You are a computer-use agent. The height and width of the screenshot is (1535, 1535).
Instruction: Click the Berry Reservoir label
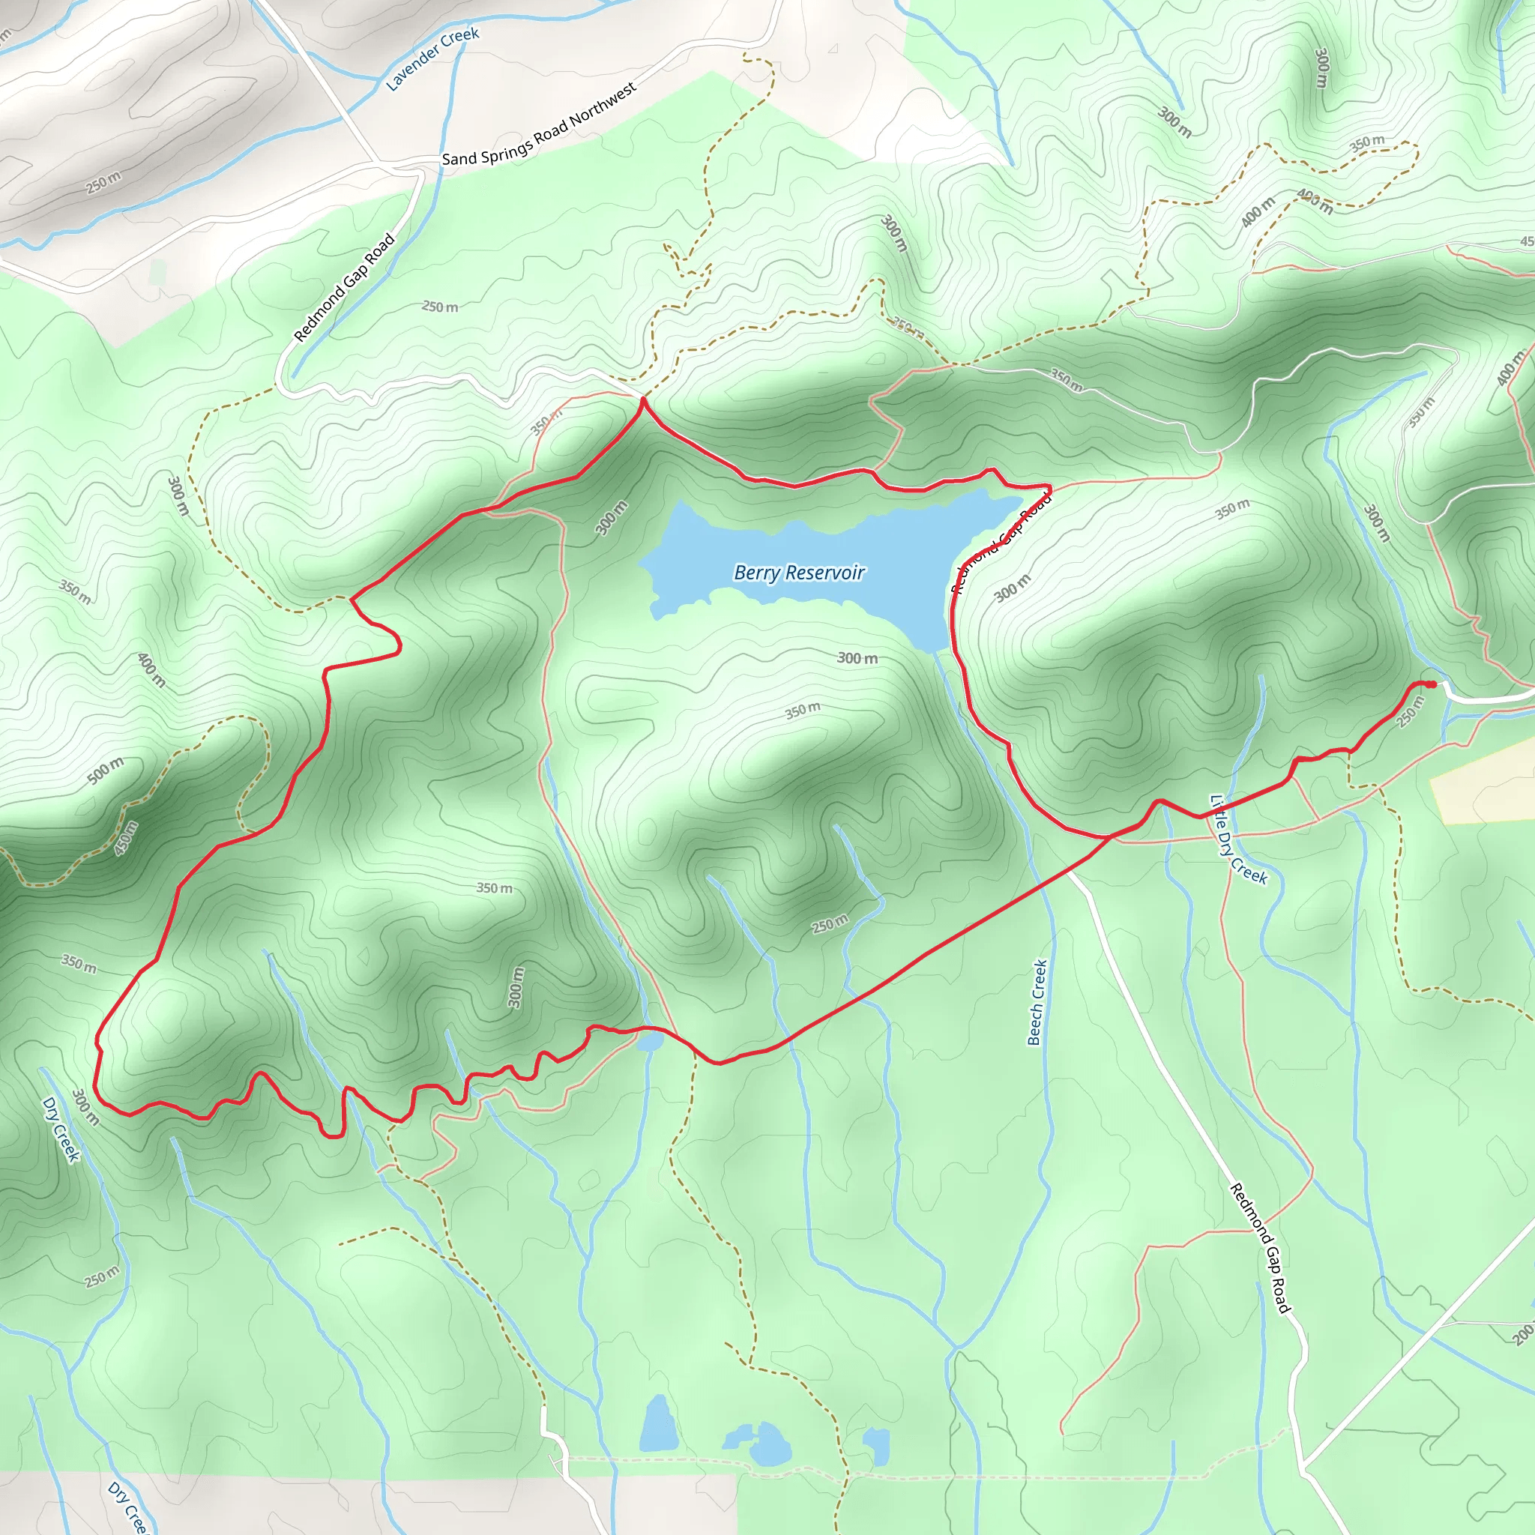798,573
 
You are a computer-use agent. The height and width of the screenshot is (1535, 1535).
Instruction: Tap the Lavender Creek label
432,58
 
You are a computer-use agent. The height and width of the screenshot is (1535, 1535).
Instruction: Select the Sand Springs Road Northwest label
539,124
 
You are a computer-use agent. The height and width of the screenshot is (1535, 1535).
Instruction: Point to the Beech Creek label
1037,1002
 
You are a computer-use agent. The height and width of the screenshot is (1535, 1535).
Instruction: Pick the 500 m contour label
106,770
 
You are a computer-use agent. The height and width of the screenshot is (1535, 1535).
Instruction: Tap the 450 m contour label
127,838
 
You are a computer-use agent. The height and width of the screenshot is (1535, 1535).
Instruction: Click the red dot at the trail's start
1431,684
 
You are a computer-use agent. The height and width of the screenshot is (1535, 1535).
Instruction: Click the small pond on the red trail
648,1041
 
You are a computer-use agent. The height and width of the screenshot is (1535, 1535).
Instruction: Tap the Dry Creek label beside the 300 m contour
61,1129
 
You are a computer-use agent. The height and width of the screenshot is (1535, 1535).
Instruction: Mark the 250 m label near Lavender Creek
103,183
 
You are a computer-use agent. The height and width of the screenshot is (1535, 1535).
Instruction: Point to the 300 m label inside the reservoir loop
857,658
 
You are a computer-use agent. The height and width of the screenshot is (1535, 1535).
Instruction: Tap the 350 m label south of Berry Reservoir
803,711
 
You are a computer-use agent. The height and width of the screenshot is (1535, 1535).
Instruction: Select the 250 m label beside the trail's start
1411,711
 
